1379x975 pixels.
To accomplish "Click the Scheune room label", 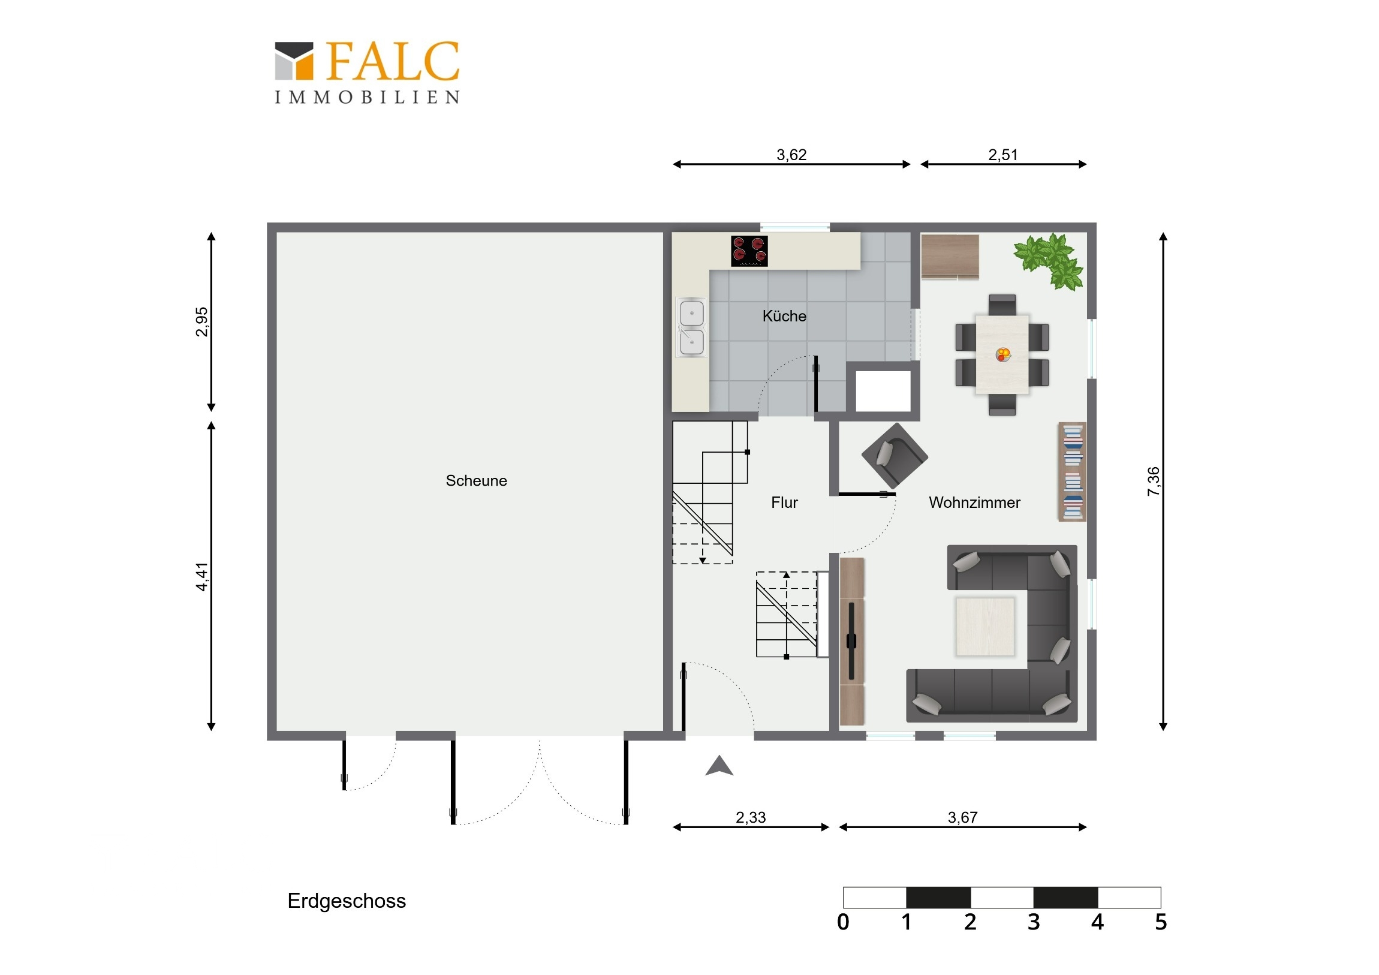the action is pos(476,480).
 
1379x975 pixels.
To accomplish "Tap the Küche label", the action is pos(784,316).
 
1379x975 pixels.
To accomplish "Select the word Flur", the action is pos(784,502).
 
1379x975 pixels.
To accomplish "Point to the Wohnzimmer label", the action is pos(974,502).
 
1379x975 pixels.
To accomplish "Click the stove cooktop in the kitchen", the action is pos(749,251).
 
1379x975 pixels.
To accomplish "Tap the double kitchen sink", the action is pos(691,327).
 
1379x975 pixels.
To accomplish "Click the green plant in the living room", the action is pos(1049,261).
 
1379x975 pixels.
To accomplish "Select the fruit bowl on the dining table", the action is pos(1002,354).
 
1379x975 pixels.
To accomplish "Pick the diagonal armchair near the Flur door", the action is pos(895,455).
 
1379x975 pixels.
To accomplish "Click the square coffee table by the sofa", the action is pos(985,627).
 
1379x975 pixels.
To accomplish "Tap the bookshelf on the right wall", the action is pos(1072,471).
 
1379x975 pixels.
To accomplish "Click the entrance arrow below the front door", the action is pos(719,766).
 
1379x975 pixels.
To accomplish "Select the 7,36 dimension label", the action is pos(1154,481).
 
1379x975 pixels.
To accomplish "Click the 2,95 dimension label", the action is pos(202,322).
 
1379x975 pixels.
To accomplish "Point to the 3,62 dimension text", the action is pos(791,154).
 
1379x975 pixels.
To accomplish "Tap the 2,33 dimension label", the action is pos(751,817).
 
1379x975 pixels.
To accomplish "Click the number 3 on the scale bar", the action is pos(1033,922).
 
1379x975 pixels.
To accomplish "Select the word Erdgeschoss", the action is pos(347,901).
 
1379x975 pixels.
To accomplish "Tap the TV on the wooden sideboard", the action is pos(851,642).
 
